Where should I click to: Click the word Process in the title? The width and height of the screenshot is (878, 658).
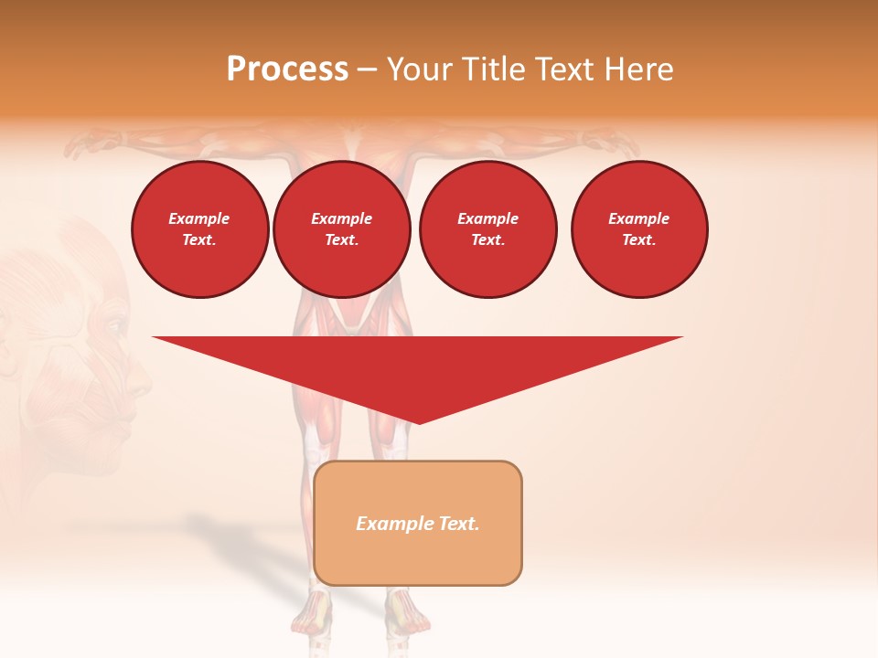point(287,69)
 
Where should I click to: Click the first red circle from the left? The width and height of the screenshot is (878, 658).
point(200,229)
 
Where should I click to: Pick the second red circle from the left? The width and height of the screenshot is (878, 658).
point(342,229)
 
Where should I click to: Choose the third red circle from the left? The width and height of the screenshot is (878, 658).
point(487,229)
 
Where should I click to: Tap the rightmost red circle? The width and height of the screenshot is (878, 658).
point(639,229)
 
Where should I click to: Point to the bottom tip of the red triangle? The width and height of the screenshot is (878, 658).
point(419,422)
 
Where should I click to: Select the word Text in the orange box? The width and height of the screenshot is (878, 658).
point(457,524)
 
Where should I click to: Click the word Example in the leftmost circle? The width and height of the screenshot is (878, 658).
point(199,218)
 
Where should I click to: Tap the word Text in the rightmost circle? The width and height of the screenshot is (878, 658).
point(638,240)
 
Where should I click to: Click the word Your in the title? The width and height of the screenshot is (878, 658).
point(422,69)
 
